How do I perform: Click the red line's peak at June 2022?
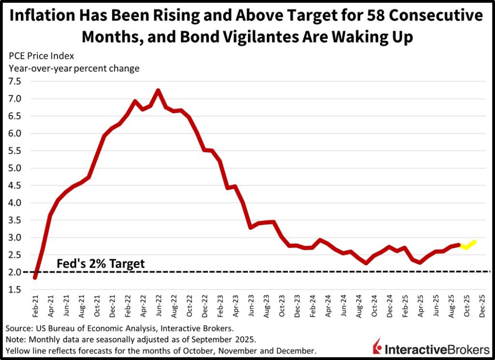point(158,90)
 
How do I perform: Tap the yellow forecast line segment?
point(469,244)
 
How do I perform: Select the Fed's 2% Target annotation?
point(101,264)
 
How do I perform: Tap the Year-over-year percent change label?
point(73,68)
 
